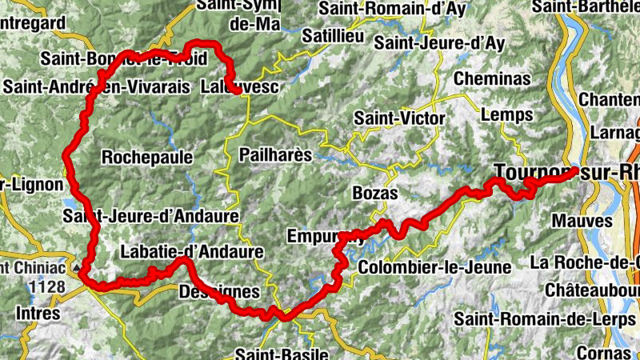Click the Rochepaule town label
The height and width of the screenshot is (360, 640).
(x=147, y=158)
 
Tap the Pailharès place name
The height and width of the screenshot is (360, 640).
(x=274, y=154)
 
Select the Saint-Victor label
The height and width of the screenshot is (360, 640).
(x=399, y=118)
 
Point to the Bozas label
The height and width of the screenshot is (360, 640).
(x=374, y=193)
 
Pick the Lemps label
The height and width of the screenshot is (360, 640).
(x=507, y=115)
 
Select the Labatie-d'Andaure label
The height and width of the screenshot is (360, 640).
(x=191, y=252)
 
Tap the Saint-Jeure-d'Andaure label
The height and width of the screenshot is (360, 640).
(x=150, y=216)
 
